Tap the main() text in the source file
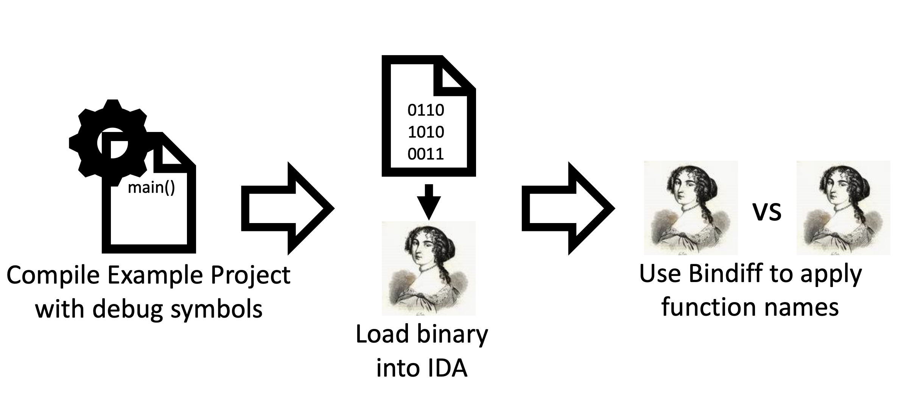coord(151,188)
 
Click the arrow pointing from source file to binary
coord(288,208)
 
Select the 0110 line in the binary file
coord(426,110)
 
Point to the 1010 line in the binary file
coord(426,132)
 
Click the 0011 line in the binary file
coord(426,154)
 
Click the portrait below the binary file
coord(428,268)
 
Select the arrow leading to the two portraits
coord(568,208)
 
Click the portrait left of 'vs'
coord(691,208)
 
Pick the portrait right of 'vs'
coord(843,208)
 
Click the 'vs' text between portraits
coord(767,212)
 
